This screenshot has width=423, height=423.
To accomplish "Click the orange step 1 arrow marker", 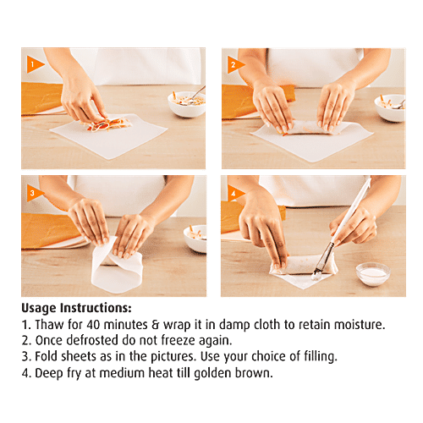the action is (x=35, y=64).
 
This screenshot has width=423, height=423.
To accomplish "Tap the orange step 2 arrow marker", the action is (x=235, y=65).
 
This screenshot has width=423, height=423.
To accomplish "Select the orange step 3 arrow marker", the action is (x=34, y=193).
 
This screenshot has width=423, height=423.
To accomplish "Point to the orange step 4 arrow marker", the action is (x=234, y=193).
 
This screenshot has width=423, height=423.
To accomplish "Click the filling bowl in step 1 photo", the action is (x=186, y=104).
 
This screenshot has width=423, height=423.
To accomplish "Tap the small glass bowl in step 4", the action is (x=373, y=274).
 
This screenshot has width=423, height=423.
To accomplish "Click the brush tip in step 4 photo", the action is (x=317, y=273).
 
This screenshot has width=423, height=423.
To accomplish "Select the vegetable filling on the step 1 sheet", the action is (x=107, y=124).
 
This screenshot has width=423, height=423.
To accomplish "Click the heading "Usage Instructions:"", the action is (x=77, y=308).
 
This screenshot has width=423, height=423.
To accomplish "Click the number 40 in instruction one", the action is (x=93, y=325).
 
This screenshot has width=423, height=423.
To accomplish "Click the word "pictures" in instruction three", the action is (x=173, y=356).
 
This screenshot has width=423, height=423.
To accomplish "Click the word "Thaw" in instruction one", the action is (x=49, y=325).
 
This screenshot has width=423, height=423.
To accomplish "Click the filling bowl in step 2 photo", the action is (x=390, y=108).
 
